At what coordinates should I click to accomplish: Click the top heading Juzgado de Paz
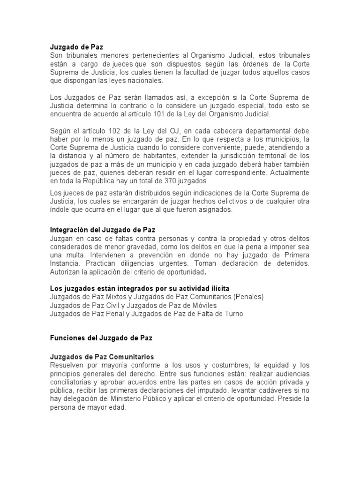[76, 47]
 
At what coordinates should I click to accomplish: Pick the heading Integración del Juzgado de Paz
[105, 230]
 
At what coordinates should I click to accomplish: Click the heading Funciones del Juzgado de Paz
[101, 337]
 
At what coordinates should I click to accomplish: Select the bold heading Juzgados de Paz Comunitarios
[102, 357]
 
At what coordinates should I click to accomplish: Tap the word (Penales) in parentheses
[249, 297]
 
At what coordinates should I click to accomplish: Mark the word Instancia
[67, 263]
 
